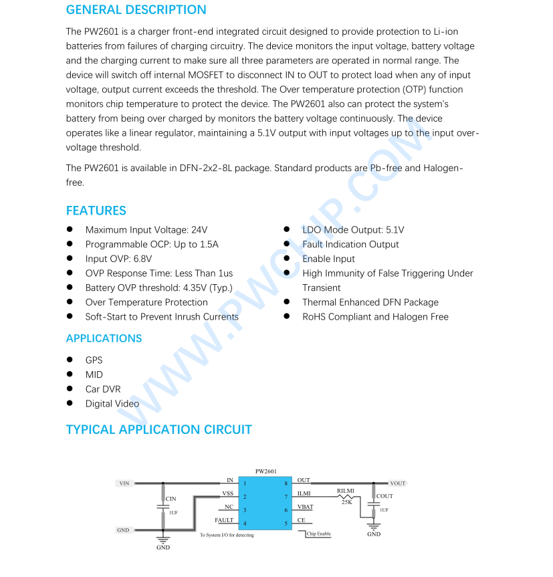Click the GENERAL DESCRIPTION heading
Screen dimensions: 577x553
(136, 10)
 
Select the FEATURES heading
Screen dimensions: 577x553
(96, 211)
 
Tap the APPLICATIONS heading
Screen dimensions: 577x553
(104, 338)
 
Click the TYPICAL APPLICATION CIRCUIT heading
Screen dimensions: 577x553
(158, 430)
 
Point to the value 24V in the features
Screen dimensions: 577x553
(199, 230)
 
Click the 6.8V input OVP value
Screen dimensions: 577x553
(142, 259)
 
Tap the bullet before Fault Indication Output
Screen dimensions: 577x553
(286, 245)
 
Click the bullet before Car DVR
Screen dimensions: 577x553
(70, 389)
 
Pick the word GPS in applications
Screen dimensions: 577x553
(94, 360)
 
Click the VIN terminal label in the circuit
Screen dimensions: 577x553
(124, 483)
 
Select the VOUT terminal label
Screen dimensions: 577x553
(398, 483)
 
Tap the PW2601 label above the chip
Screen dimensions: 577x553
(266, 471)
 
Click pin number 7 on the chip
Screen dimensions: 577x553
(286, 497)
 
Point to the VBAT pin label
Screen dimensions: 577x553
(305, 507)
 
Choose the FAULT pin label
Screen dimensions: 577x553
(224, 520)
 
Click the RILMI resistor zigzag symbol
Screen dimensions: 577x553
(346, 496)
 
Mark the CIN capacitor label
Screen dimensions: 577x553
(171, 499)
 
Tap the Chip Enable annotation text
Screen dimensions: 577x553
(319, 534)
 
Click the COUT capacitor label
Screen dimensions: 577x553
(384, 496)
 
